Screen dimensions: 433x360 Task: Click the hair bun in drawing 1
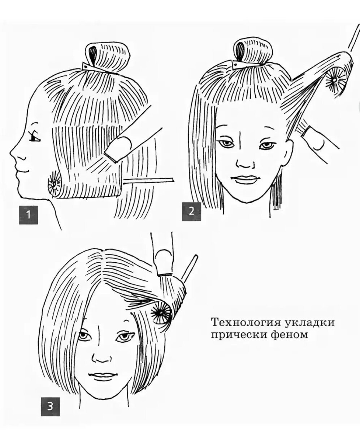tap(108, 56)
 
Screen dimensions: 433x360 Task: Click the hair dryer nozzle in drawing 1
tap(119, 150)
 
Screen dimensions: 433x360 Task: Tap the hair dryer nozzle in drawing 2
tap(314, 139)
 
